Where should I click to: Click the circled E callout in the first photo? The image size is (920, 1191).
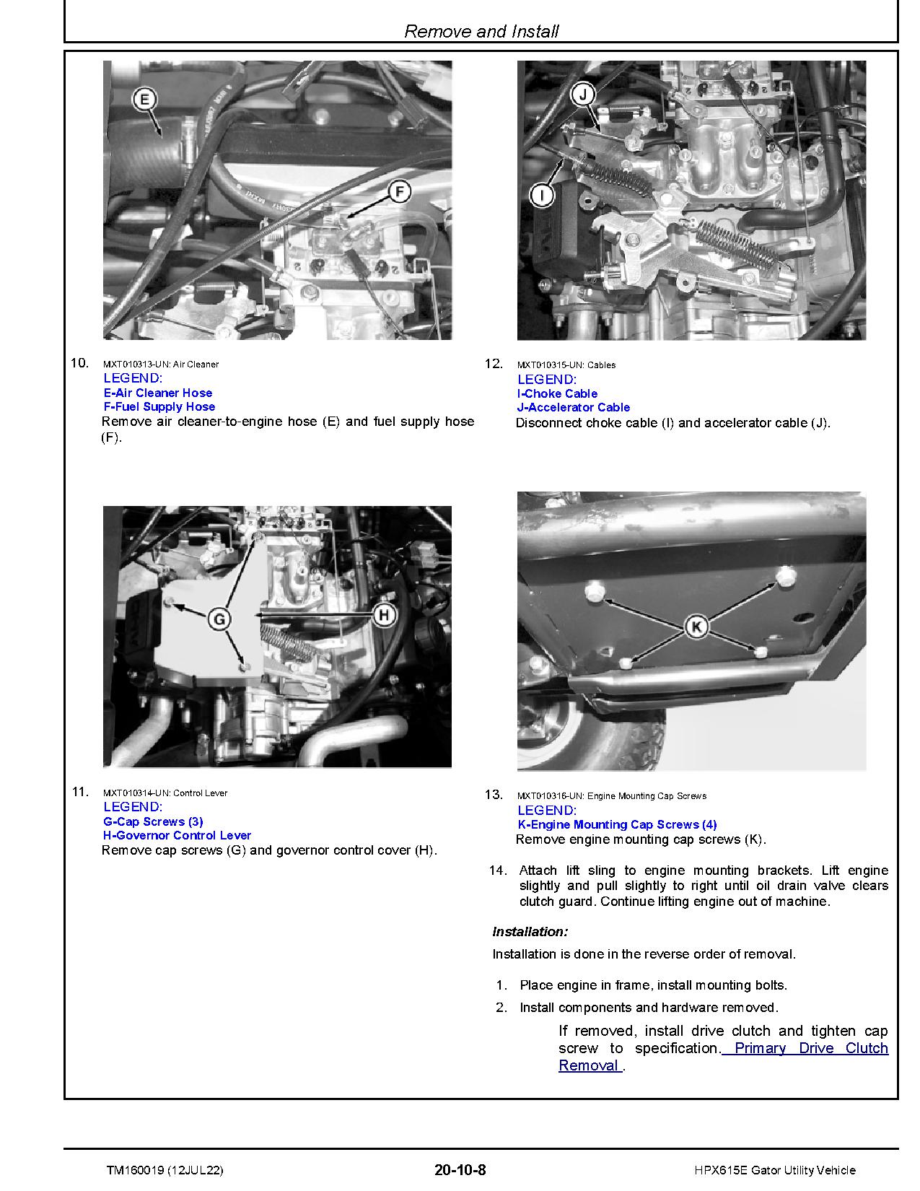click(145, 99)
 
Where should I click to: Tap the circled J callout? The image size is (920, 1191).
click(583, 94)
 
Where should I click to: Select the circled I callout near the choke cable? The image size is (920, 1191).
click(542, 194)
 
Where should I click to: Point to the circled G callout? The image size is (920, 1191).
click(219, 619)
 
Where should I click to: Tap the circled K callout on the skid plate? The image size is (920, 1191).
click(696, 627)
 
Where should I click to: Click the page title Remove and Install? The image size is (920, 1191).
click(481, 31)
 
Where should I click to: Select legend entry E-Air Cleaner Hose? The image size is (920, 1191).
click(158, 393)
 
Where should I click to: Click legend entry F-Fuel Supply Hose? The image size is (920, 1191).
click(159, 406)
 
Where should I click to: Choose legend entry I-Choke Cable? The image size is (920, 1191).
click(557, 393)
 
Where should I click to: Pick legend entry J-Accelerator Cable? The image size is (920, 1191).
click(574, 407)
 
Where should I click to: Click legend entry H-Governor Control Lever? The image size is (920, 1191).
click(178, 835)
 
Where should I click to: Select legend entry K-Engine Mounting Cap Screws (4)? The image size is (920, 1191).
click(618, 824)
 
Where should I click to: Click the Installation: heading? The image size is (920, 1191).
click(530, 932)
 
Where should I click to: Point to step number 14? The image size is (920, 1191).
click(498, 870)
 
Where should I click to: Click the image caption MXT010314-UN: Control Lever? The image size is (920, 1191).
click(165, 793)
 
